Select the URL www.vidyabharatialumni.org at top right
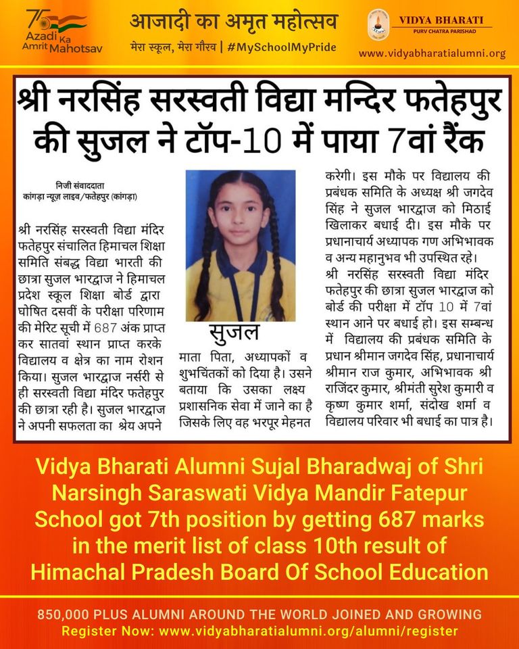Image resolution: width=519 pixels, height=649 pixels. pyautogui.click(x=432, y=53)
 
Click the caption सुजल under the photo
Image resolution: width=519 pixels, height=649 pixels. pyautogui.click(x=234, y=333)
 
